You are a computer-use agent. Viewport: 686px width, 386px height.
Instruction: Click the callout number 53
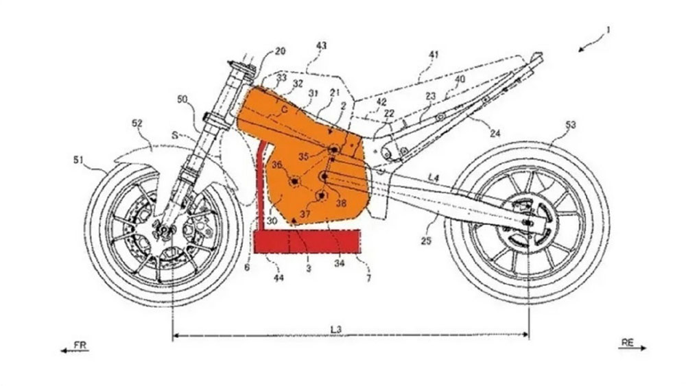570,125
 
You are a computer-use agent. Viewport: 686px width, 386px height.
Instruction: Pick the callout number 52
137,124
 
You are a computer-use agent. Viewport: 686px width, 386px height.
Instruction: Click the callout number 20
280,51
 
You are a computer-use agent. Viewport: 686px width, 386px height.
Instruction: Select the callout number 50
182,100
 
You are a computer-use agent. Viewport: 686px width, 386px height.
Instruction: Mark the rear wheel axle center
528,222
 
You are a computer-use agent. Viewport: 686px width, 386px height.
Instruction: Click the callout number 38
340,203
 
